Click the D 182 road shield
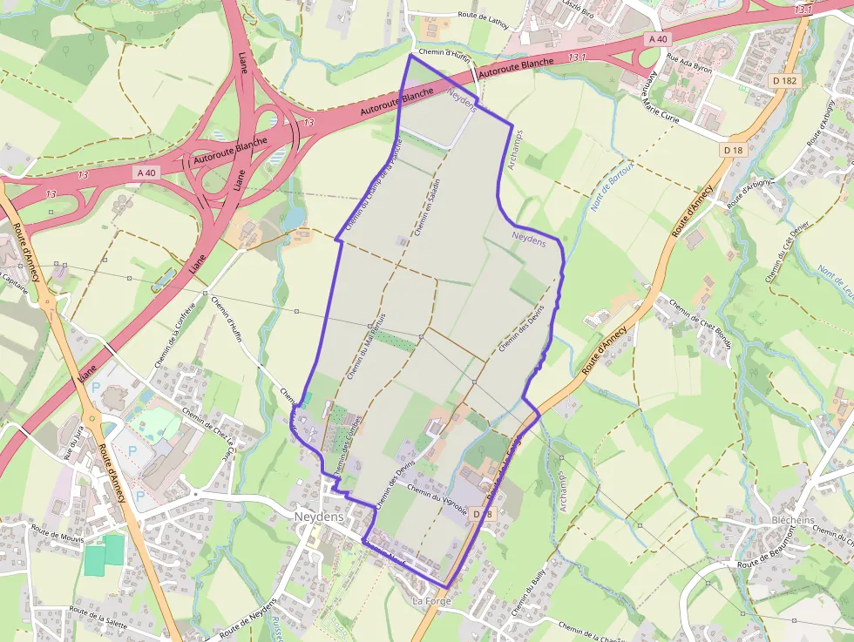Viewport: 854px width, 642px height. [784, 81]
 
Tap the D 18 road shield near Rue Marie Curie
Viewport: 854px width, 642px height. [733, 150]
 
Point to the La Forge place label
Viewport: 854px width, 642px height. [429, 601]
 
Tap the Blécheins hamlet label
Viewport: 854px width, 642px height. [793, 520]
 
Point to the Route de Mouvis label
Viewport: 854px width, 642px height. [58, 533]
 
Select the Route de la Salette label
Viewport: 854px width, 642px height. [98, 618]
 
